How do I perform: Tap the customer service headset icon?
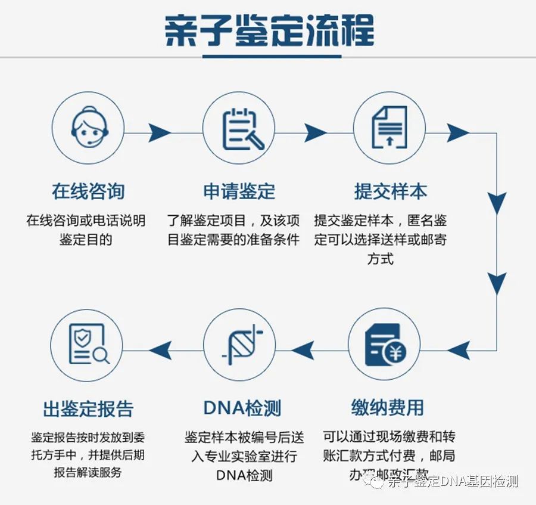pyautogui.click(x=88, y=129)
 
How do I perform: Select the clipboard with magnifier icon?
pyautogui.click(x=239, y=129)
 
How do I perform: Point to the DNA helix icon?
pyautogui.click(x=240, y=346)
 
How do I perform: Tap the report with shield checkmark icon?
pyautogui.click(x=88, y=345)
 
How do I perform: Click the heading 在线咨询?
pyautogui.click(x=88, y=191)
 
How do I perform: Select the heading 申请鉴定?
pyautogui.click(x=239, y=191)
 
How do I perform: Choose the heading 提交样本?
pyautogui.click(x=391, y=191)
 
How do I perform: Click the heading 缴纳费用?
pyautogui.click(x=387, y=408)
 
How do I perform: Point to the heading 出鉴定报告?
pyautogui.click(x=88, y=409)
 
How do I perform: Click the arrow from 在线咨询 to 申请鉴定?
pyautogui.click(x=159, y=132)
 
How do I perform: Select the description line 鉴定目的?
pyautogui.click(x=86, y=240)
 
